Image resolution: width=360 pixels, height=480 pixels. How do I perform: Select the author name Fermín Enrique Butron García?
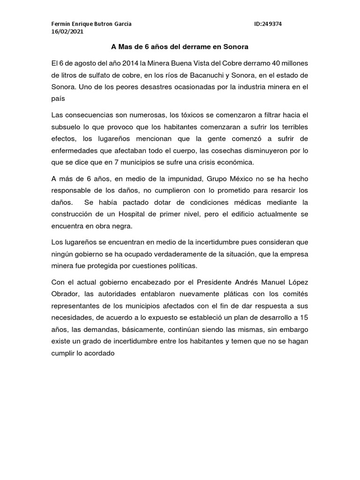point(91,23)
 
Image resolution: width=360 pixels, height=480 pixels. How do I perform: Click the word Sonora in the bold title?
point(234,47)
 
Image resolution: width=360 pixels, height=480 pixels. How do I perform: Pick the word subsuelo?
point(67,128)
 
